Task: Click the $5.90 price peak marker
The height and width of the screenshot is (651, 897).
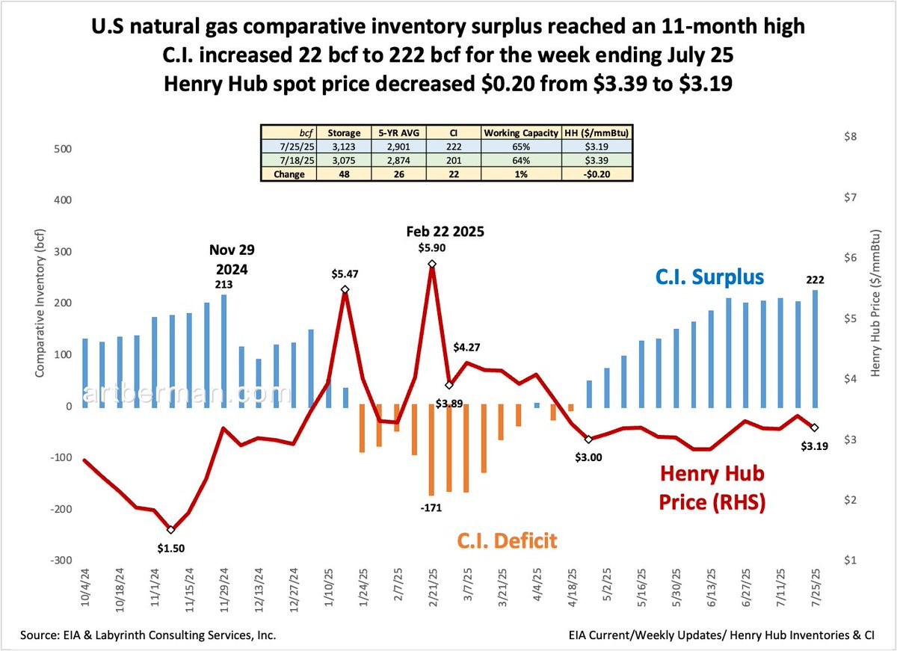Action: coord(431,265)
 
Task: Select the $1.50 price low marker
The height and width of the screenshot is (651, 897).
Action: coord(171,530)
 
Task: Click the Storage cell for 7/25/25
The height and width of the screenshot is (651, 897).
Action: coord(344,146)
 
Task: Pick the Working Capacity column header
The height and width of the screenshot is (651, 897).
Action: coord(520,133)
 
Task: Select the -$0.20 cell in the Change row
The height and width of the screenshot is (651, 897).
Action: coord(596,174)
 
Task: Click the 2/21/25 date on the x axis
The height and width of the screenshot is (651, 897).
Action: coord(431,591)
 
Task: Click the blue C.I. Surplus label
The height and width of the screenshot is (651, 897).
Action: coord(709,277)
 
